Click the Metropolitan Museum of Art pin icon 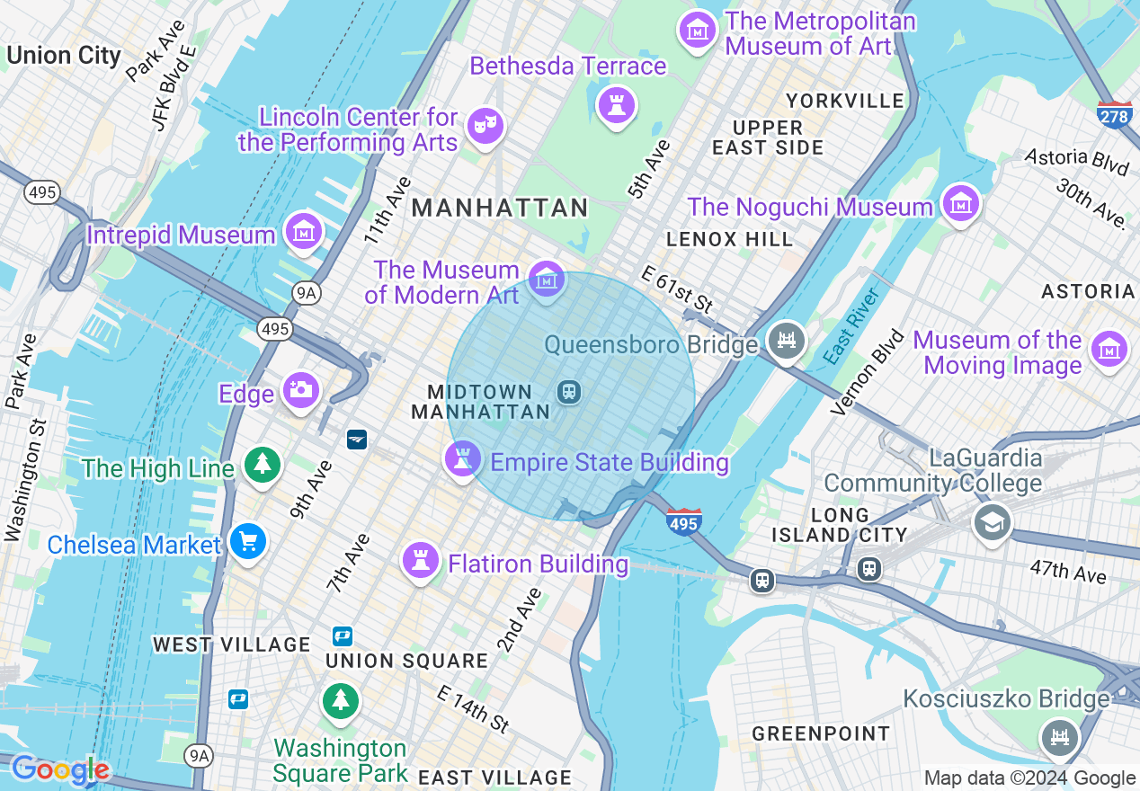tap(697, 30)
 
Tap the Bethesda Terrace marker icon tap(617, 104)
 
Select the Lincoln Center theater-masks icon tap(485, 127)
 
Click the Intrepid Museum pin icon tap(304, 232)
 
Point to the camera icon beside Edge tap(301, 389)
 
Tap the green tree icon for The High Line tap(262, 464)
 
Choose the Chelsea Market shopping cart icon tap(247, 542)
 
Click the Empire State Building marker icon tap(463, 459)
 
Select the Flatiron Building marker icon tap(420, 560)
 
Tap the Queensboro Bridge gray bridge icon tap(787, 341)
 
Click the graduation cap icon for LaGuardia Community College tap(992, 522)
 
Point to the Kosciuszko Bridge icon tap(1060, 737)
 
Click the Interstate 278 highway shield tap(1114, 115)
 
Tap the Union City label tap(63, 56)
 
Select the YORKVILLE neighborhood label tap(845, 101)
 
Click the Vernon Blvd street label tap(868, 373)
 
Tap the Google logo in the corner tap(60, 769)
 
